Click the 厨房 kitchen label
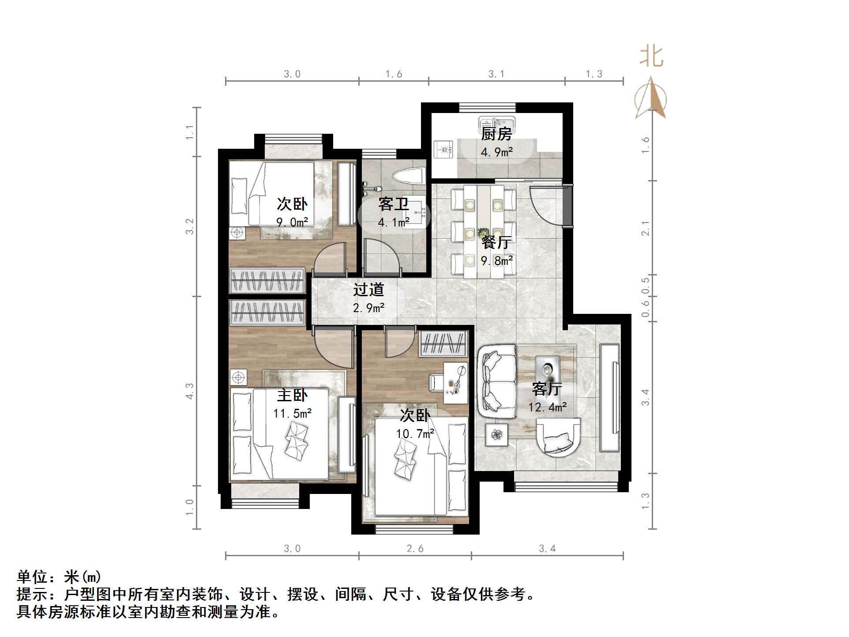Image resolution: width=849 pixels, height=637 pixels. click(x=496, y=133)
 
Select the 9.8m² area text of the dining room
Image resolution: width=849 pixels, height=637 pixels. click(x=497, y=260)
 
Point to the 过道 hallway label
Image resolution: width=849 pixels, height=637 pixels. click(x=369, y=290)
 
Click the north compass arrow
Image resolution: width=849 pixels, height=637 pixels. click(x=650, y=98)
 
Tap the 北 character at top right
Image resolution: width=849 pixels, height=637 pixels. click(x=651, y=57)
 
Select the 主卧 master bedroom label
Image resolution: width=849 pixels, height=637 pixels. click(x=292, y=395)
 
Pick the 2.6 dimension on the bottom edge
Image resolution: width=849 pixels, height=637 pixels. click(x=415, y=548)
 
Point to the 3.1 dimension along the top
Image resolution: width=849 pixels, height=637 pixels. click(x=496, y=74)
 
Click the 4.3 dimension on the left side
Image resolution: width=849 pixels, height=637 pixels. click(x=190, y=391)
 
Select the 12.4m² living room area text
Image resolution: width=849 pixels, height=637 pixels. click(x=547, y=407)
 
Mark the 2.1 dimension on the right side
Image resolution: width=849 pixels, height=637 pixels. click(x=646, y=228)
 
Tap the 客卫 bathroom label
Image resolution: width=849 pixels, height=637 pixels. click(x=393, y=204)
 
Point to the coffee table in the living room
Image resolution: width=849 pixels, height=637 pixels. click(x=547, y=369)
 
